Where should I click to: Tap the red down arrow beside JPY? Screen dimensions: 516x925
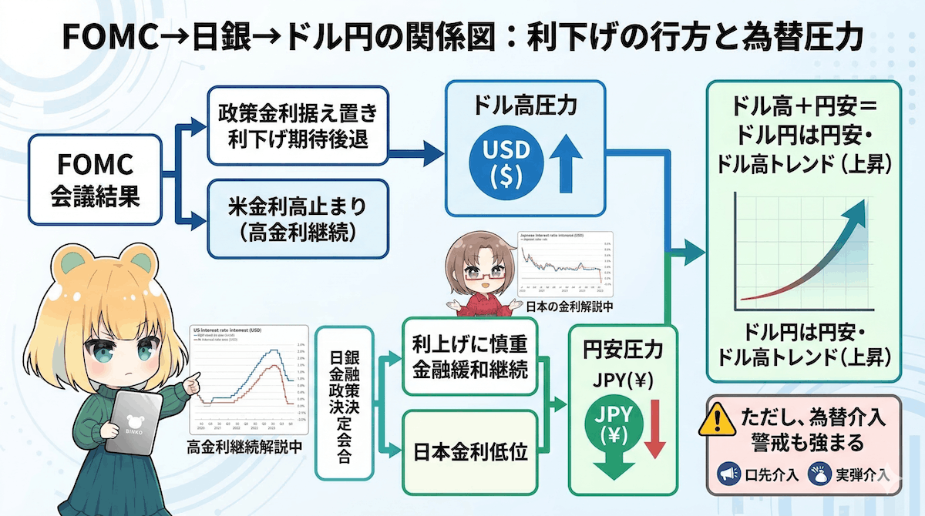click(x=656, y=427)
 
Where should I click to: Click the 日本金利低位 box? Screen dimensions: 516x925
click(x=469, y=452)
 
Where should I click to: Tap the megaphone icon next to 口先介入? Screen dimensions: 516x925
click(x=727, y=474)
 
